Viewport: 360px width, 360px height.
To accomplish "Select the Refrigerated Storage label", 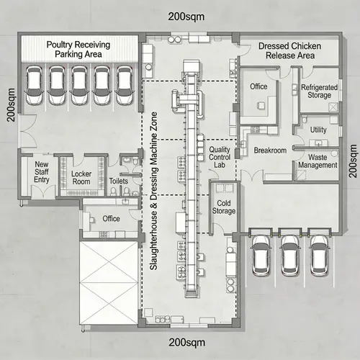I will click(x=315, y=90).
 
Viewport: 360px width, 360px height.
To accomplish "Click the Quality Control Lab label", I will click(x=220, y=157).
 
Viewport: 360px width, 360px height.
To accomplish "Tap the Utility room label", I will click(x=318, y=130).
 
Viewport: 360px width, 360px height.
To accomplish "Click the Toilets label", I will click(x=118, y=182).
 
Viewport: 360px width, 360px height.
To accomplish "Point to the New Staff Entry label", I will click(x=42, y=178).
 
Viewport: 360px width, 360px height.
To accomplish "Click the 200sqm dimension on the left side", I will click(x=12, y=105).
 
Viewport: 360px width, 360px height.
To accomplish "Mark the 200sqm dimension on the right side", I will click(x=352, y=160).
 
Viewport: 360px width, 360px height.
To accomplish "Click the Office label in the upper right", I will click(x=258, y=87).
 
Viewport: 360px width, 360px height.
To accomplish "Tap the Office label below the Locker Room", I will click(x=111, y=219).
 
